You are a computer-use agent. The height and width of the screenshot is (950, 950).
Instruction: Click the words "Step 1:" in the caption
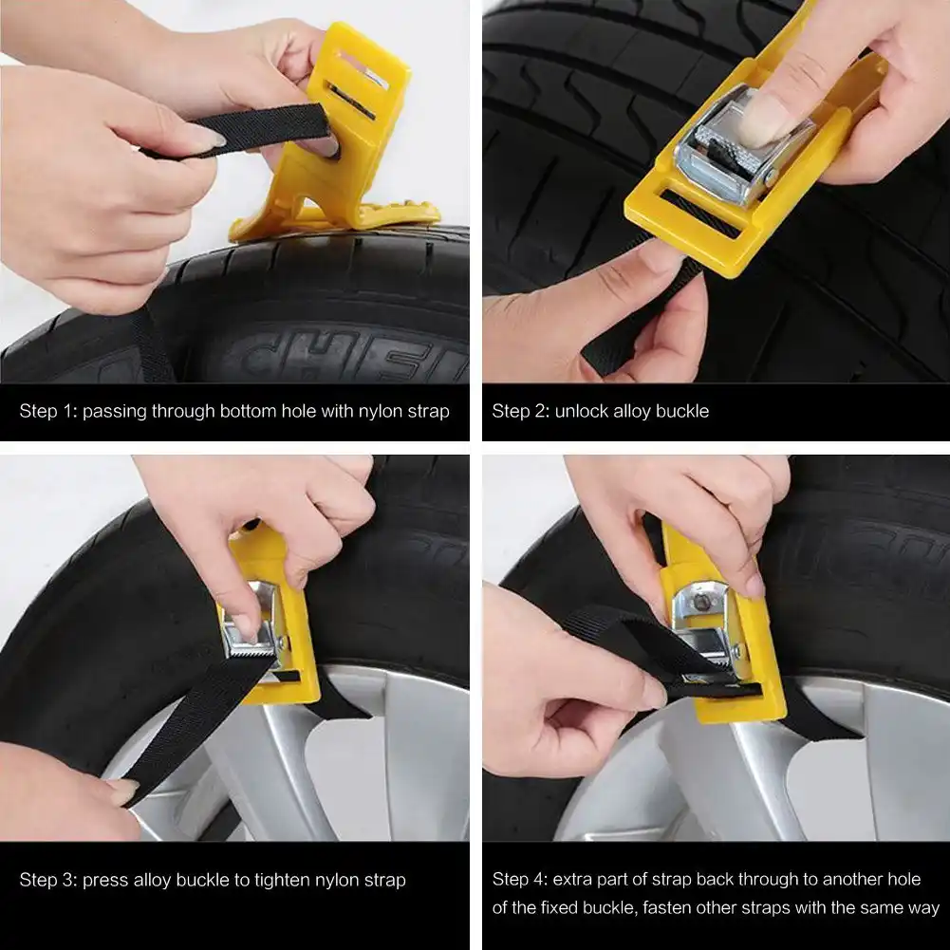[x=48, y=411]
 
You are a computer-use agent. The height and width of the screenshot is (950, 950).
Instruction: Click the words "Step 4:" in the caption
[x=520, y=879]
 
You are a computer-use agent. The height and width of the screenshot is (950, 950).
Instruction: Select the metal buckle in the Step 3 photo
[x=254, y=624]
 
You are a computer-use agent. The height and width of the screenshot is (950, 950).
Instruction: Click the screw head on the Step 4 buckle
[x=701, y=603]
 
